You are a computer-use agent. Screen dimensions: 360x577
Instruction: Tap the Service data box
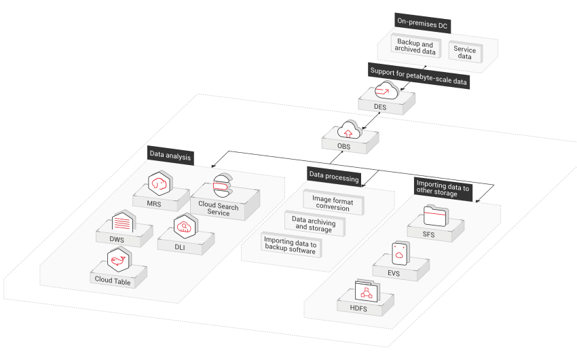tap(465, 53)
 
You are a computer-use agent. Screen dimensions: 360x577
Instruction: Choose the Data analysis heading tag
tap(170, 156)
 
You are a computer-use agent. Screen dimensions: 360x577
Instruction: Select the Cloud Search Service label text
tap(219, 209)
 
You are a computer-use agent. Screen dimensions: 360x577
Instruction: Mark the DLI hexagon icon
tap(185, 227)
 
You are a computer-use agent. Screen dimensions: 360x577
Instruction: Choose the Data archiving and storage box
tap(313, 224)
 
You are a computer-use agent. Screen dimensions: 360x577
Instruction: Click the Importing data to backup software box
tap(291, 245)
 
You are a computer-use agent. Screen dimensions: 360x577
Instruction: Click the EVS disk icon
tap(401, 253)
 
